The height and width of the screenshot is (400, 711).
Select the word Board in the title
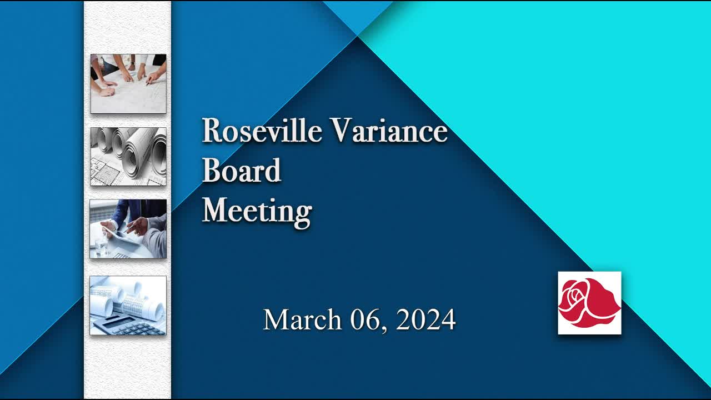point(242,170)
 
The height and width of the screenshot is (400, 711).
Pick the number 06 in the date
point(364,319)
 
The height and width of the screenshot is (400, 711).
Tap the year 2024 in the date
point(425,319)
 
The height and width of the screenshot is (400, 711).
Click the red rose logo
point(589,303)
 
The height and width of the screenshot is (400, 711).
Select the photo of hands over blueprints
point(128,83)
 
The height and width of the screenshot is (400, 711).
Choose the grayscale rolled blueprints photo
point(128,157)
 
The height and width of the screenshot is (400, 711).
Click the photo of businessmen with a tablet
point(128,229)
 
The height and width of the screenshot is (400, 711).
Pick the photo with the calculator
point(128,305)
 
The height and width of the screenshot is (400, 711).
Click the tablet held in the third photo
point(122,237)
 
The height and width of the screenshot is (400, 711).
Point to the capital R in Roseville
point(212,130)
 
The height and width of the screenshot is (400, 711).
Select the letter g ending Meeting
point(304,215)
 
